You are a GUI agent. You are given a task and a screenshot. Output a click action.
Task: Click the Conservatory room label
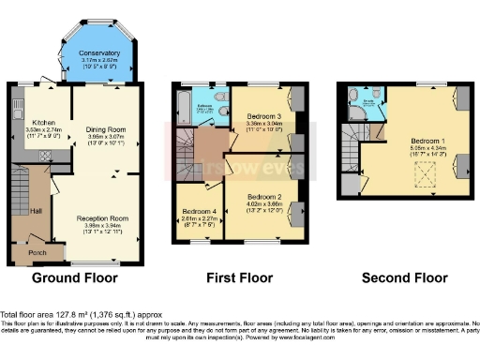(98, 53)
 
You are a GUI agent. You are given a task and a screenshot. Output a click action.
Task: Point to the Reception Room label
(104, 217)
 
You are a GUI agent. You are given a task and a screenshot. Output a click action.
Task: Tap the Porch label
(38, 250)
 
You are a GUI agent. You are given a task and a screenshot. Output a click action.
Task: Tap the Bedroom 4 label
(200, 211)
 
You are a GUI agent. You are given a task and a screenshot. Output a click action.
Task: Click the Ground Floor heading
(75, 278)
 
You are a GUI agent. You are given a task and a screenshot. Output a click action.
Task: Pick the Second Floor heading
(404, 278)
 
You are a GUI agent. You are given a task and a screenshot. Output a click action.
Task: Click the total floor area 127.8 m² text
(56, 314)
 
